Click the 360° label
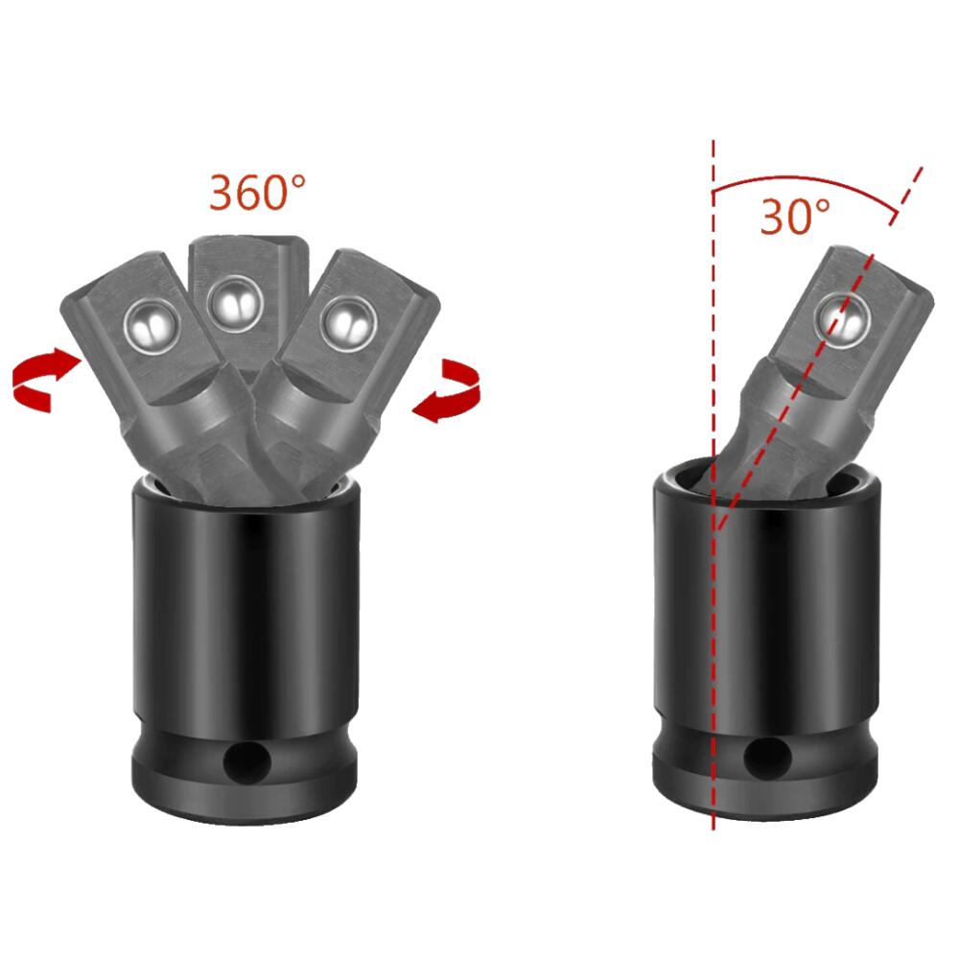coord(257,193)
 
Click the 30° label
coord(795,217)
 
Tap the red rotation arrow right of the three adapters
coord(448,390)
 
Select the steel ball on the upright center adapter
coord(235,303)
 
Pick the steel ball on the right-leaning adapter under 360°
coord(347,322)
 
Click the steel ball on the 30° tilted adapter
coord(843,319)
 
